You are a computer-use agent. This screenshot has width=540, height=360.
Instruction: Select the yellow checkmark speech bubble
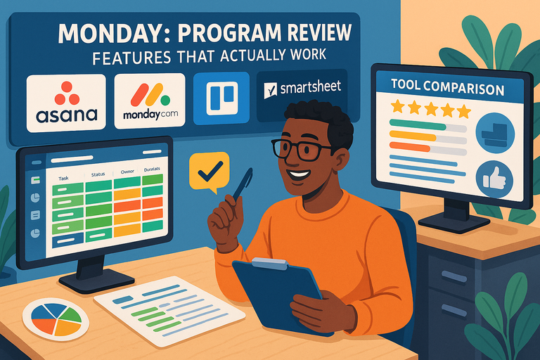(x=210, y=170)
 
